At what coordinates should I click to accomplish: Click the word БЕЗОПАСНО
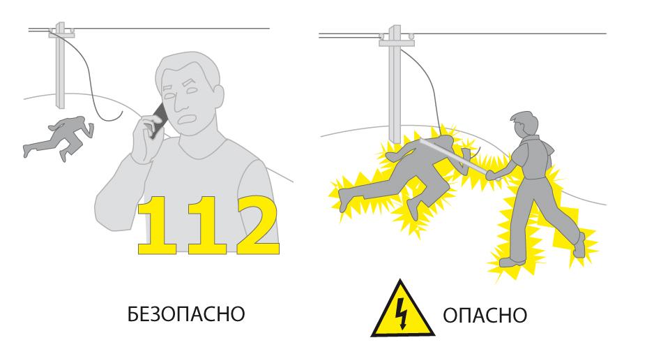coord(186,314)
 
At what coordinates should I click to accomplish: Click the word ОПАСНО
coord(485,316)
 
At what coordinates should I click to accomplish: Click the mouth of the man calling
coord(184,120)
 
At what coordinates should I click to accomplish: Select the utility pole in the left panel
coord(61,65)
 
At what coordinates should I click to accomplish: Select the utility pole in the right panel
coord(395,84)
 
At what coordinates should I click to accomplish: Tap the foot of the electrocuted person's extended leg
coord(343,199)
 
